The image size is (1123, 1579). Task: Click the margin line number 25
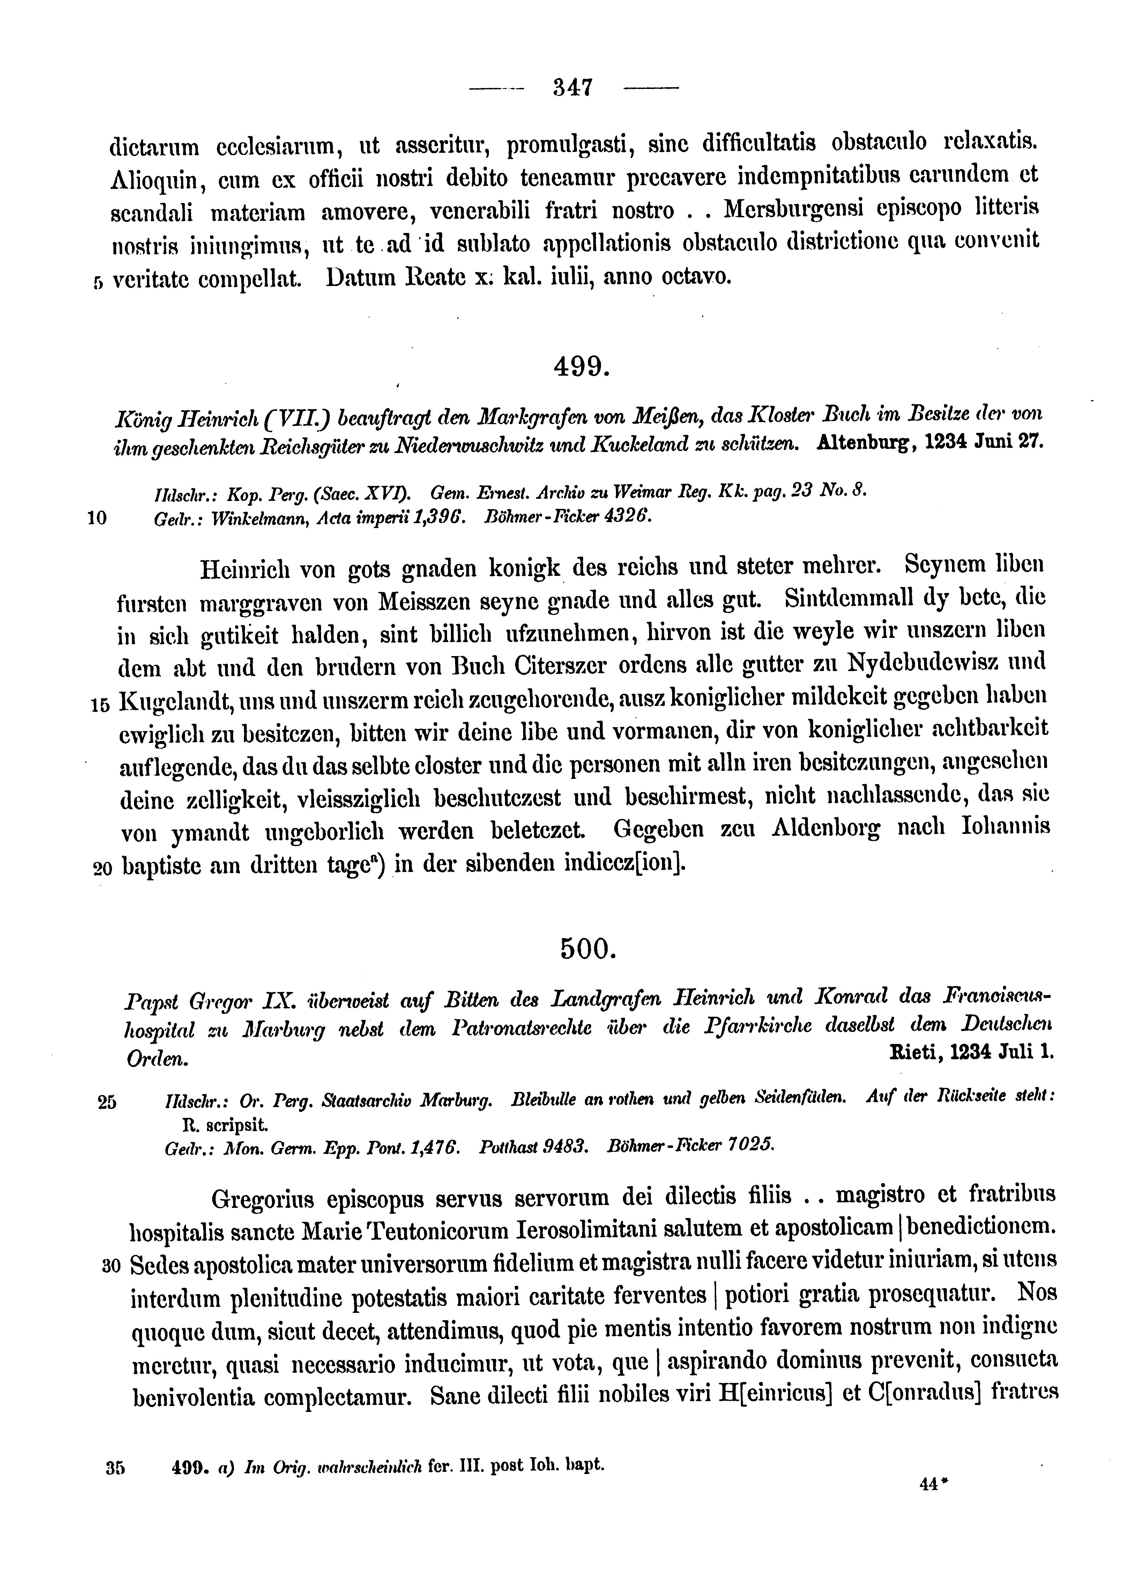pyautogui.click(x=107, y=1102)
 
